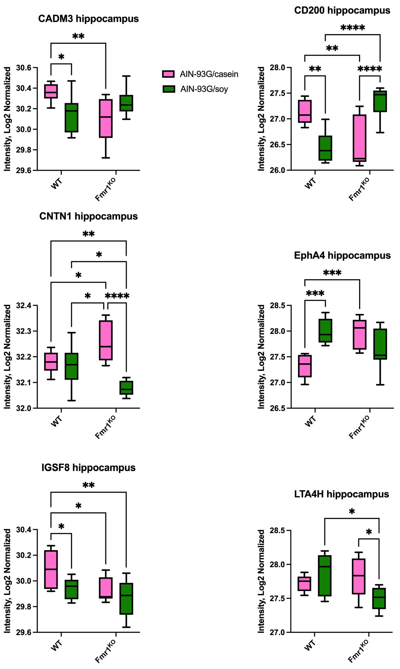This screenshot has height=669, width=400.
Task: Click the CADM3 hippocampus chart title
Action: click(x=88, y=19)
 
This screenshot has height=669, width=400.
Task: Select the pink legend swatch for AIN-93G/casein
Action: click(x=168, y=74)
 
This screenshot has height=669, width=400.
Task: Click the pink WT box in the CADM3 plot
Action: click(x=51, y=91)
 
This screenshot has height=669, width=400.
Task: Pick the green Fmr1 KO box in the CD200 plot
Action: click(x=380, y=101)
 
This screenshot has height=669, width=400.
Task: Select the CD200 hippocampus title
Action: click(x=342, y=10)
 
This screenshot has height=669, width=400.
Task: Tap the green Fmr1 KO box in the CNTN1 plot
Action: click(x=126, y=388)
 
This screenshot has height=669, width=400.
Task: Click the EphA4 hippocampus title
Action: click(x=342, y=255)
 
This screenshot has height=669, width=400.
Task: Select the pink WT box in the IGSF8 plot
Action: click(x=51, y=569)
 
